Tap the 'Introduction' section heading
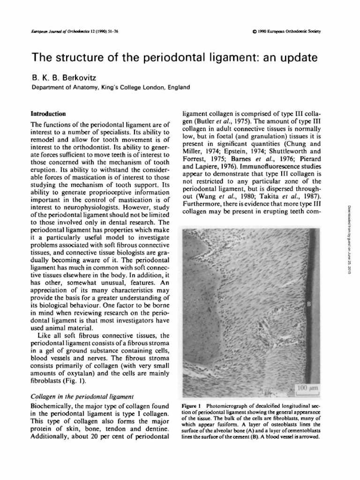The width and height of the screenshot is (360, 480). click(x=48, y=114)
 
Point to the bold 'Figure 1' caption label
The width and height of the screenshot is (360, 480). click(x=191, y=404)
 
